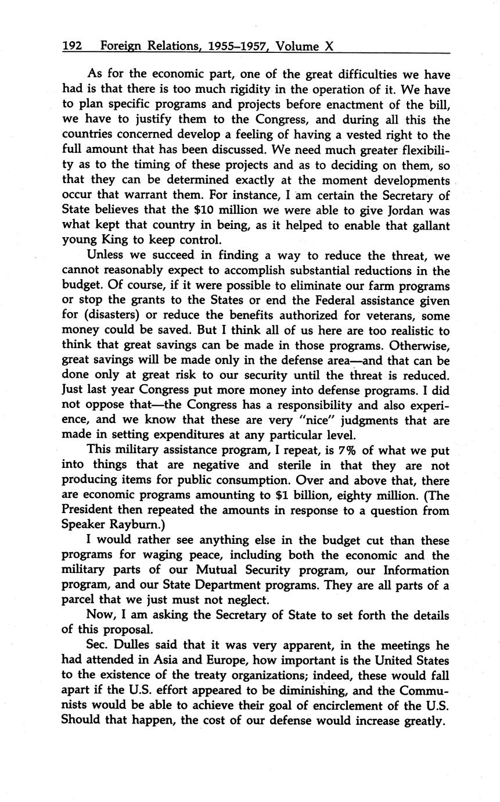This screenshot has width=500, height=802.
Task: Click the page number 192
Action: pyautogui.click(x=73, y=46)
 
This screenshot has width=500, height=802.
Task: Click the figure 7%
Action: pyautogui.click(x=347, y=450)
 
